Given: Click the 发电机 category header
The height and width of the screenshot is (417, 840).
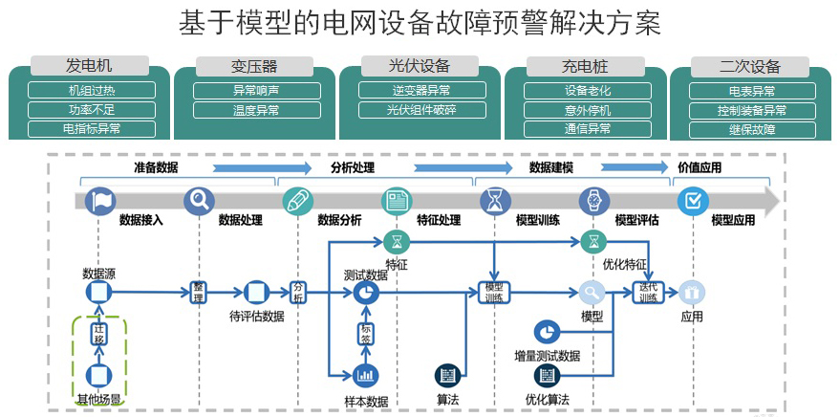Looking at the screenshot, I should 89,66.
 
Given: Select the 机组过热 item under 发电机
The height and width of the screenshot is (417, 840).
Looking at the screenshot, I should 91,91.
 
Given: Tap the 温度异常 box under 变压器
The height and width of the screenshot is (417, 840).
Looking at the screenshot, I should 254,110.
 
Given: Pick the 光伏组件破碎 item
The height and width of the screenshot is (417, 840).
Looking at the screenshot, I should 420,110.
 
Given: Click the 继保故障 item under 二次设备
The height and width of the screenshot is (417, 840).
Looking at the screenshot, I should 751,129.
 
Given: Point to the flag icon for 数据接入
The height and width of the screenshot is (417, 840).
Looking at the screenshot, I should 99,201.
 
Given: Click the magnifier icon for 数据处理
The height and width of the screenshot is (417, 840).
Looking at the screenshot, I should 199,201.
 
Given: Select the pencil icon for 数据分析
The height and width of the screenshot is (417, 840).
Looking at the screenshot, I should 297,201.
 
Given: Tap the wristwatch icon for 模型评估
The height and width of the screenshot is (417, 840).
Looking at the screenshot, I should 593,201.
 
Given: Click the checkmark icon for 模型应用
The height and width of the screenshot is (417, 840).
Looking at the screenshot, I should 692,201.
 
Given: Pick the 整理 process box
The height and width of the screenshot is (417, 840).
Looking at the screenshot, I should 199,292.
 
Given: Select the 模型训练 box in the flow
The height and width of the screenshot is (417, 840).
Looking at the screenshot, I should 494,292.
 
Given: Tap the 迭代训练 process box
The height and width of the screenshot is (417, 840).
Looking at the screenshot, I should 648,292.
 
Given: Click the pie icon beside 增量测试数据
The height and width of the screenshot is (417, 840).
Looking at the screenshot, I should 548,331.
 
